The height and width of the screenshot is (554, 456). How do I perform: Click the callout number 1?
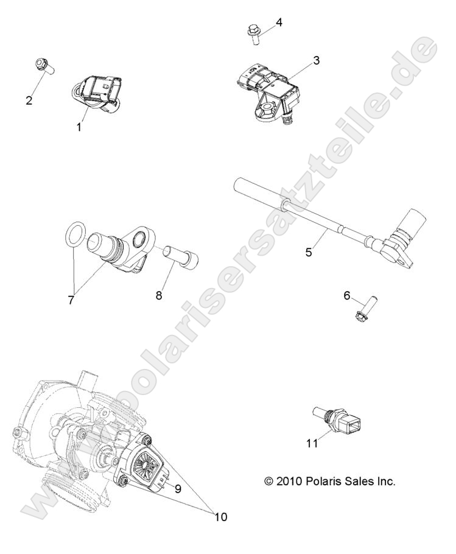point(79,127)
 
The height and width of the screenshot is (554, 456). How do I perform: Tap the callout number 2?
point(29,100)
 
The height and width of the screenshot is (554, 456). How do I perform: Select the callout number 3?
point(316,60)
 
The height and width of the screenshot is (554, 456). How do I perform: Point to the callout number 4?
point(279,23)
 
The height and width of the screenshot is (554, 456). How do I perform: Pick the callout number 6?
point(347,295)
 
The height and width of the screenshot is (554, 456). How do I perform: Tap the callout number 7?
point(71,300)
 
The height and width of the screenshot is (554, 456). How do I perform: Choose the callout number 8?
point(159,295)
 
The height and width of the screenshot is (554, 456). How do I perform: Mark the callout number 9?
point(178,489)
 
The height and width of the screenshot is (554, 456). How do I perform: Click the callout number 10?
point(220,517)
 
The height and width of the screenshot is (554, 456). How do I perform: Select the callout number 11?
point(312,443)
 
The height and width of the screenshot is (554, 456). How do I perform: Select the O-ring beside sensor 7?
point(77,234)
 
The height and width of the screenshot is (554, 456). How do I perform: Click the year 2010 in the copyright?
point(289,481)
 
